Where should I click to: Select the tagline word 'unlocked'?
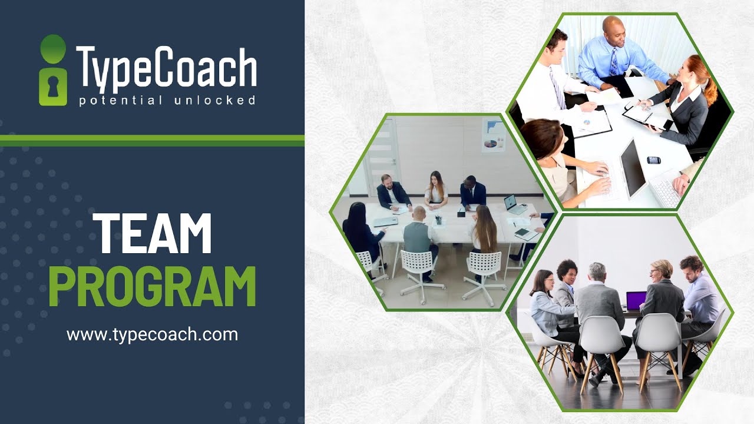(x=215, y=101)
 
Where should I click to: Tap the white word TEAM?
(x=152, y=233)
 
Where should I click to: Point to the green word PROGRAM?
(x=152, y=287)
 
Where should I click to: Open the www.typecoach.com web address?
(x=152, y=335)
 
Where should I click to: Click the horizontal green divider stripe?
(x=152, y=140)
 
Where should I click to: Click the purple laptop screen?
(x=636, y=301)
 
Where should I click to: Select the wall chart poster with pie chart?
(x=493, y=135)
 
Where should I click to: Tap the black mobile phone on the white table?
(x=653, y=160)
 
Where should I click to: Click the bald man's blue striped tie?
(x=615, y=61)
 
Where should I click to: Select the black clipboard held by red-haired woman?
(x=647, y=117)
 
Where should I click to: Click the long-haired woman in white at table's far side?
(x=436, y=188)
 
